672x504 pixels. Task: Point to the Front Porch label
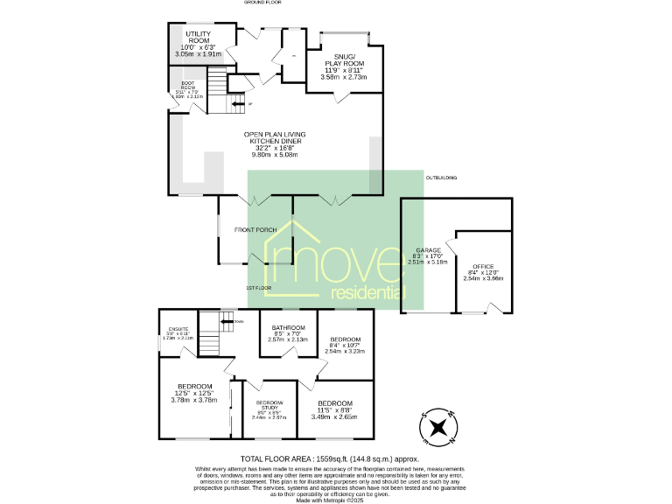pos(255,230)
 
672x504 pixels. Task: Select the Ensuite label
pos(178,332)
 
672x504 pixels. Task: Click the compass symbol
pos(438,428)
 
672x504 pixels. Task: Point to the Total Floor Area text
pos(330,458)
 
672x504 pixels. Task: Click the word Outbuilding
pos(442,178)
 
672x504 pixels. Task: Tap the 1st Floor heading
pos(257,287)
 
